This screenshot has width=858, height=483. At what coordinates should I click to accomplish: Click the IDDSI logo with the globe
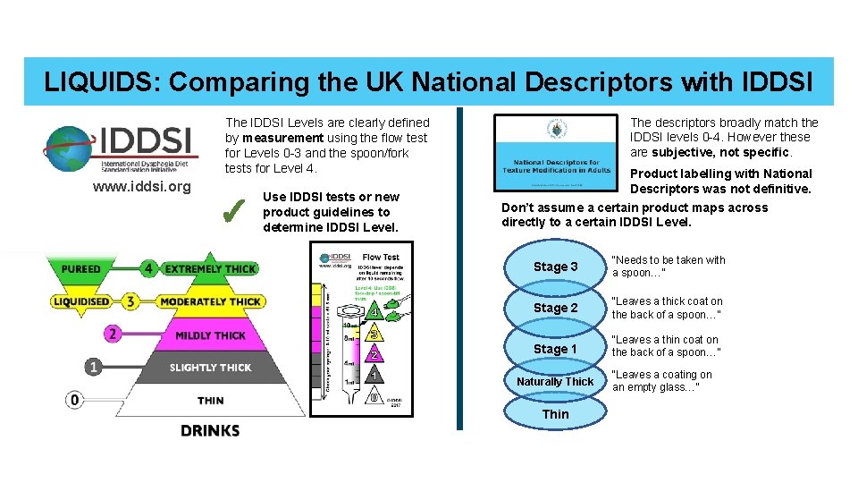(119, 148)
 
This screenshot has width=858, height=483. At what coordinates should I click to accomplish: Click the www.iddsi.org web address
(142, 187)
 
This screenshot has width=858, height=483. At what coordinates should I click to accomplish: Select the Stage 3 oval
(555, 267)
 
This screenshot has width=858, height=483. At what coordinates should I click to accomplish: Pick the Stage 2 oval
(555, 308)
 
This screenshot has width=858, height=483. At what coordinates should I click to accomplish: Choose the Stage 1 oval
(555, 349)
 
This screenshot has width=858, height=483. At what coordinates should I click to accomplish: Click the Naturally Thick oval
(555, 382)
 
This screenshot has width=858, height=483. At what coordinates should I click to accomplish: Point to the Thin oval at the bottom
(555, 414)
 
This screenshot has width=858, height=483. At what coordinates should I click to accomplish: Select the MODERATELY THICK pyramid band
(211, 301)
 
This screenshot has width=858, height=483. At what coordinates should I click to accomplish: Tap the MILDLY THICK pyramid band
(210, 335)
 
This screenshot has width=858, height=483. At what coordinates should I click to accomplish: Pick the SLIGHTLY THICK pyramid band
(211, 368)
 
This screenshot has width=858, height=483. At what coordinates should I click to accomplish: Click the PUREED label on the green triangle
(80, 268)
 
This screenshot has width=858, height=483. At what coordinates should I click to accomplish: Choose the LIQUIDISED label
(80, 301)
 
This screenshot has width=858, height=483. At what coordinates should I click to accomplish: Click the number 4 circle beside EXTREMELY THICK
(149, 268)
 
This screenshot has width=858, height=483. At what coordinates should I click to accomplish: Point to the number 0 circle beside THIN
(75, 400)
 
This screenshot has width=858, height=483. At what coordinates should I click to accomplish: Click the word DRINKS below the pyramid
(210, 430)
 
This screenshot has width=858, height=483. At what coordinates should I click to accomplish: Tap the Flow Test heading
(381, 258)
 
